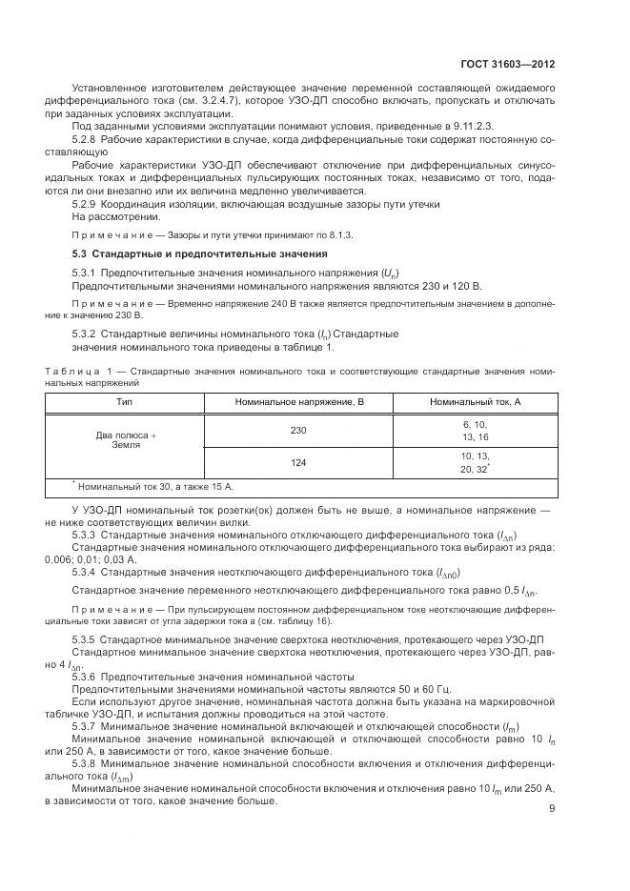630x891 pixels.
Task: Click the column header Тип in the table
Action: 124,402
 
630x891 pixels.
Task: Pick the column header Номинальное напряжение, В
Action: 300,402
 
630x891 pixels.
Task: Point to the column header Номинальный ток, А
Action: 475,402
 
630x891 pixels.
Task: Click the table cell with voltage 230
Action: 299,431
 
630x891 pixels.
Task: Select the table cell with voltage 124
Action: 299,464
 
